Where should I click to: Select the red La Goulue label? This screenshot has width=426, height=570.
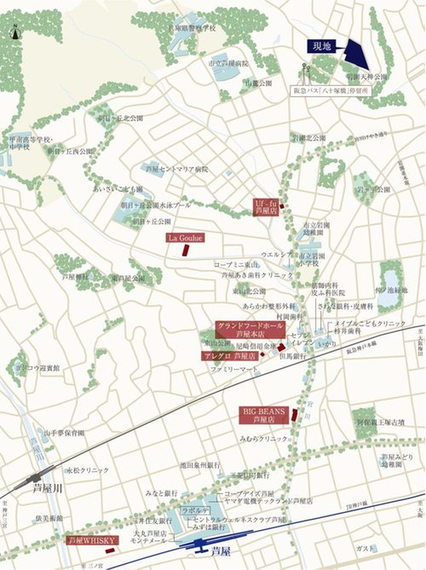[x=183, y=239]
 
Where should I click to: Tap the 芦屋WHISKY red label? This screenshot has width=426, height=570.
[x=91, y=540]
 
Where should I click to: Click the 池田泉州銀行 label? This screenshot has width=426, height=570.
[x=201, y=465]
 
